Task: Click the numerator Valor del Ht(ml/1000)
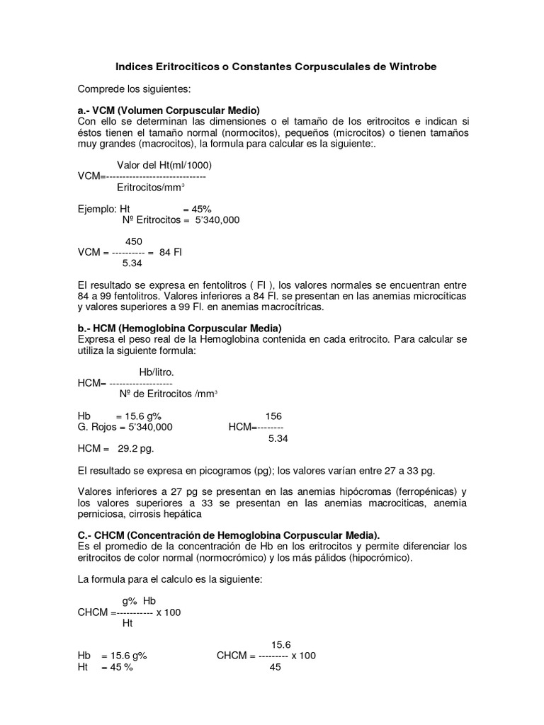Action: click(164, 165)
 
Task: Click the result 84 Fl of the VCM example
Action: click(171, 252)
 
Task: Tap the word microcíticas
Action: click(439, 296)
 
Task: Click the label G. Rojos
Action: click(98, 427)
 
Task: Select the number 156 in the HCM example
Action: click(273, 416)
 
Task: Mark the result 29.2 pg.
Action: click(135, 448)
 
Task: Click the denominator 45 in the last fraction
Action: click(276, 667)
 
